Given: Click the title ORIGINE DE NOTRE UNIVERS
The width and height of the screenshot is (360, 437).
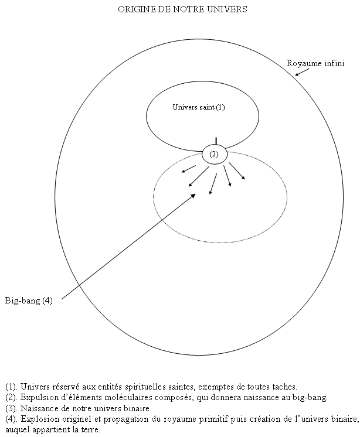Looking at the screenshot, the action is (182, 9).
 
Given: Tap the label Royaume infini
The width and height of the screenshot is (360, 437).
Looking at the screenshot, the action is (315, 63).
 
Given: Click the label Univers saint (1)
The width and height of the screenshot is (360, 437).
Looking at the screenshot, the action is (199, 107).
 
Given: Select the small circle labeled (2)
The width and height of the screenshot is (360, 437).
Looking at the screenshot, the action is (215, 154).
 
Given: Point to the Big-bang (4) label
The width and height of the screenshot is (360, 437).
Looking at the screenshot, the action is (29, 301).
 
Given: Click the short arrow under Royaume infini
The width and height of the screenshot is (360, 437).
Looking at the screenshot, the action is (302, 72).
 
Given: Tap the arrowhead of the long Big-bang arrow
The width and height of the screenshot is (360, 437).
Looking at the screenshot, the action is (193, 196).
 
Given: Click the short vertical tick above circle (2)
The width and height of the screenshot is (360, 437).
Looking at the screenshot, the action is (216, 141).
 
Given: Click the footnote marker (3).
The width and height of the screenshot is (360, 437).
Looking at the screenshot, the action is (11, 408).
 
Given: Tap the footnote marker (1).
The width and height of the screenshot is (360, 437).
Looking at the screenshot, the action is (11, 387).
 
